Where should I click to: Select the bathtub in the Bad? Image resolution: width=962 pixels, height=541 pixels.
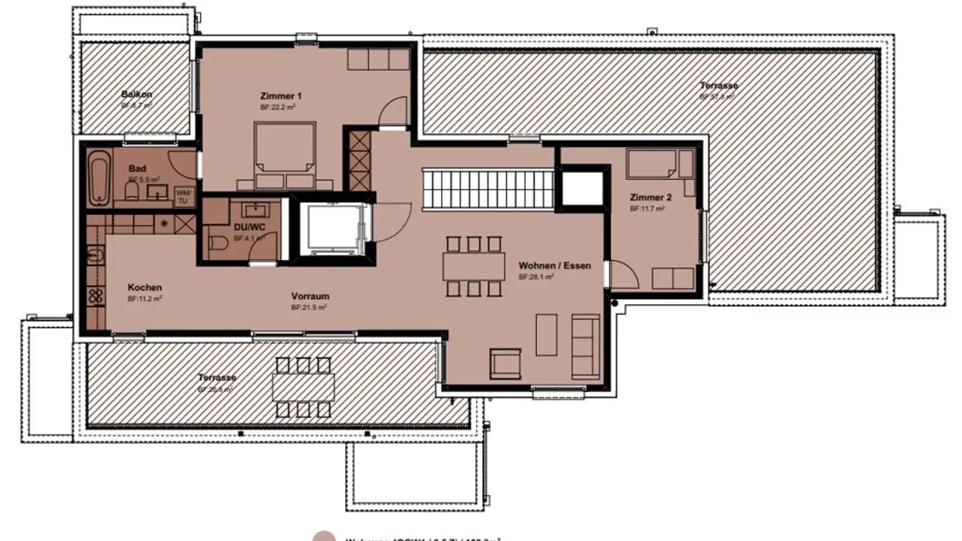click(x=100, y=178)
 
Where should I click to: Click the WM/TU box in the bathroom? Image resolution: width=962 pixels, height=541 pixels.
click(x=182, y=197)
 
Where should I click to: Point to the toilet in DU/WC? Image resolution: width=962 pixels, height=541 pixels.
click(x=217, y=246)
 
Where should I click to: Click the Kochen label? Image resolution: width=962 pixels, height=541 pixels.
click(x=144, y=288)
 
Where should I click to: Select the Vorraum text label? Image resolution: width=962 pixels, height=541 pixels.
click(x=310, y=297)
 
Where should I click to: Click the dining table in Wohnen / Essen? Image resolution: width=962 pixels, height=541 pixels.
click(x=474, y=266)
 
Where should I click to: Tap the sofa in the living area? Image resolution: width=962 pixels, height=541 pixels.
click(x=586, y=345)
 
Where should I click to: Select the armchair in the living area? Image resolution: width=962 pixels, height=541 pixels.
click(x=506, y=364)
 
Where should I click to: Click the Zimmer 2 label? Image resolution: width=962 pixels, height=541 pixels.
click(x=651, y=198)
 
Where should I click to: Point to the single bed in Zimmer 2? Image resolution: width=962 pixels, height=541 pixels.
click(x=652, y=164)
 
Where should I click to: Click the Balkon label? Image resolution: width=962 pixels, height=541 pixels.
click(x=136, y=95)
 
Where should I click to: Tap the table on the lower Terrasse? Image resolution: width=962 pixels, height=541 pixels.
click(x=303, y=386)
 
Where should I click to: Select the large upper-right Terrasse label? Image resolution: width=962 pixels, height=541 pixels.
click(x=719, y=85)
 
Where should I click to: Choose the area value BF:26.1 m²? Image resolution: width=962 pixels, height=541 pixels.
click(x=537, y=277)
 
